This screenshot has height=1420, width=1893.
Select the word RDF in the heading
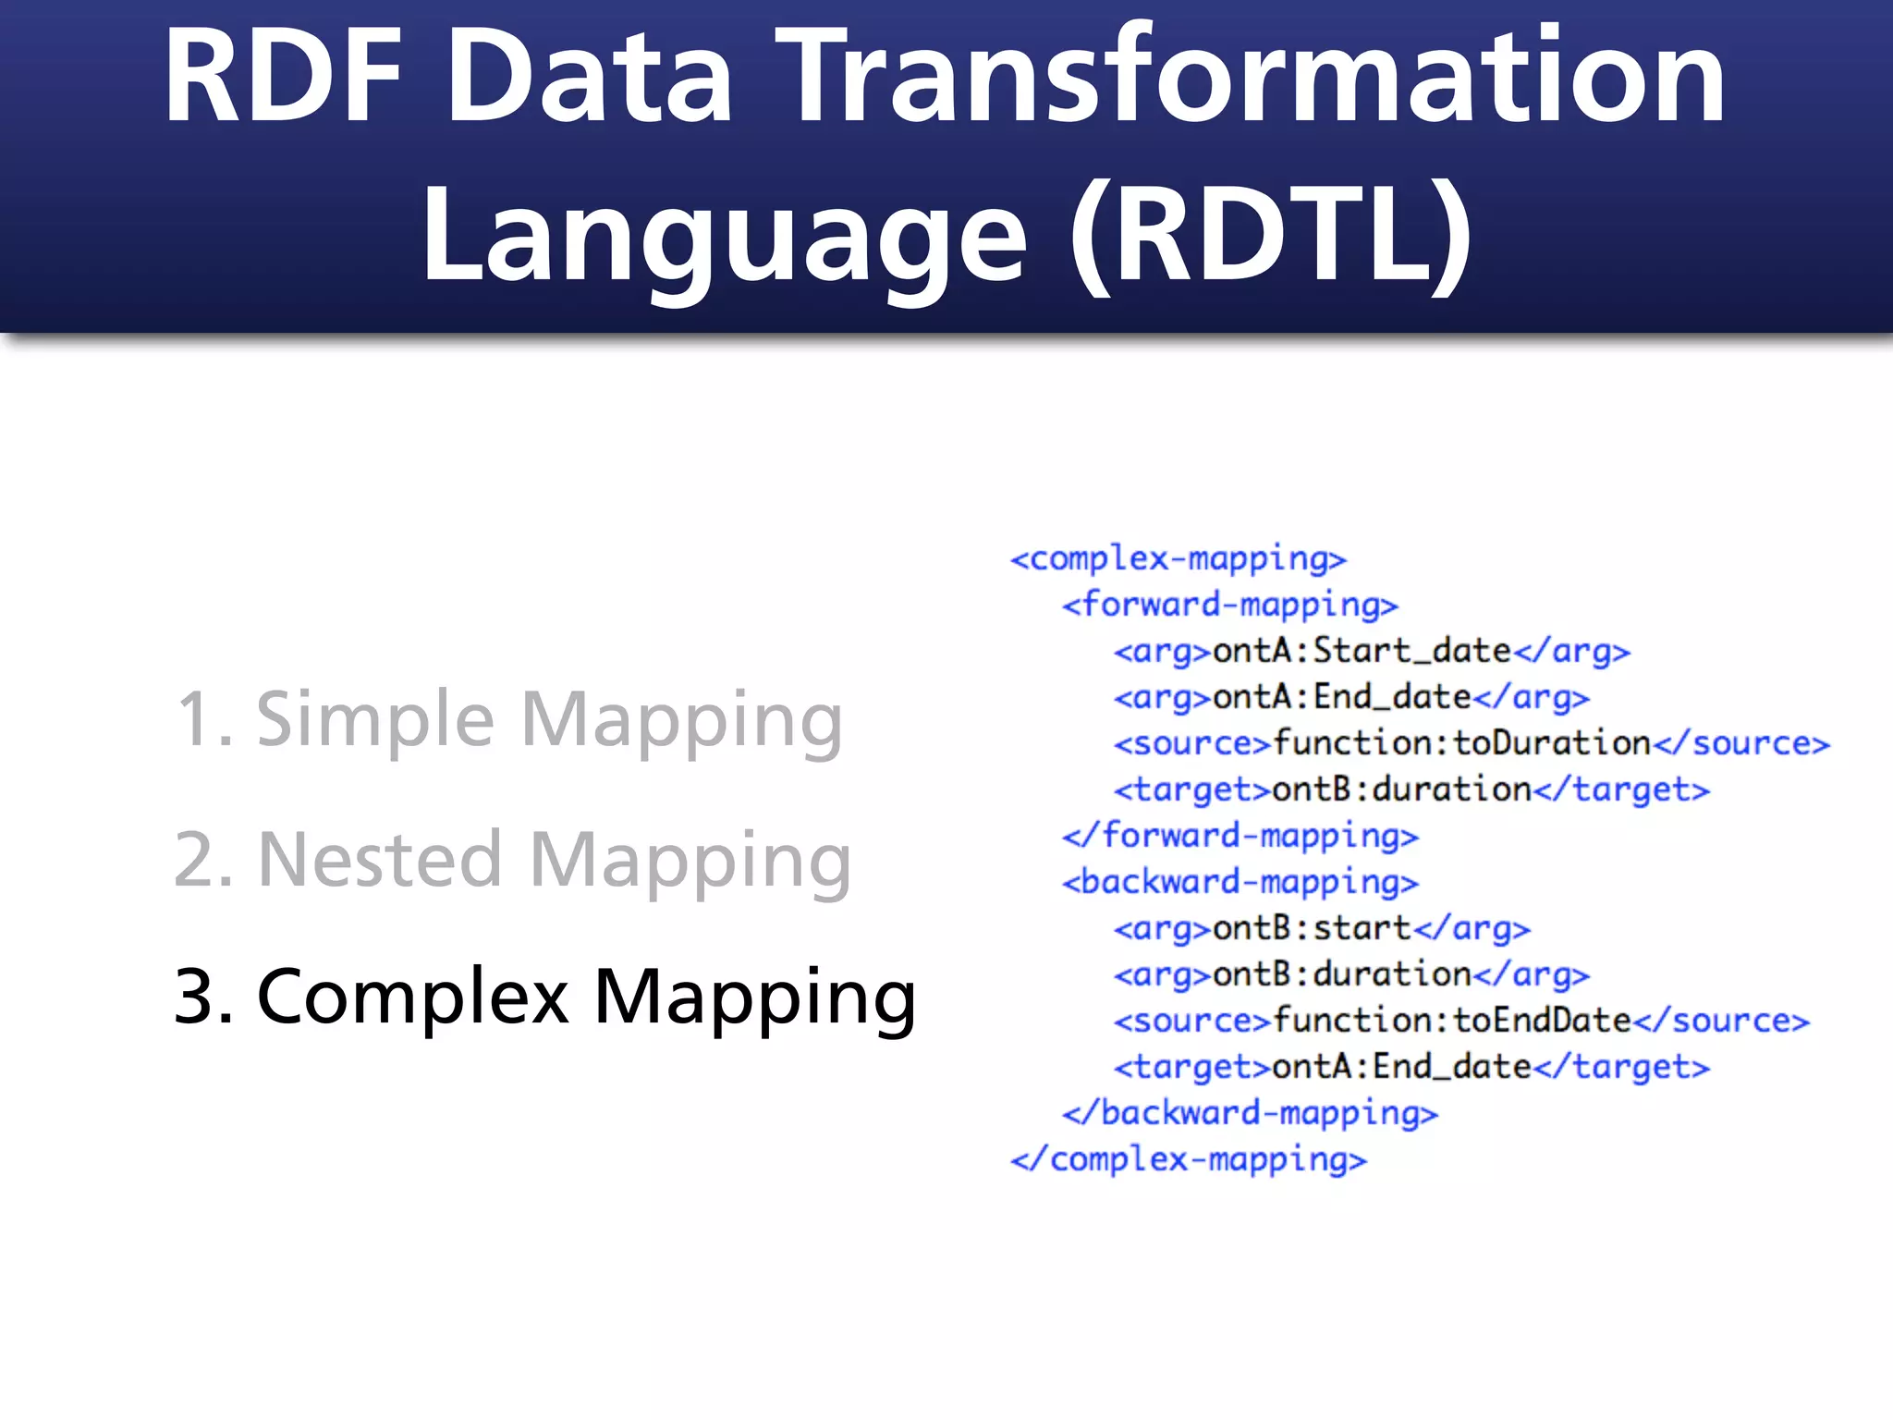tap(283, 76)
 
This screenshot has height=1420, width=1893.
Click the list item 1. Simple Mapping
tap(507, 719)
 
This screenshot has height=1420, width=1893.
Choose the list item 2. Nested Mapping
tap(512, 859)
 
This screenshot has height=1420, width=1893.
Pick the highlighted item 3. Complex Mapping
tap(544, 997)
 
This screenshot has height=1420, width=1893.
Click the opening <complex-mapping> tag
tap(1178, 559)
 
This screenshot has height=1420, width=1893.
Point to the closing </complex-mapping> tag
tap(1188, 1159)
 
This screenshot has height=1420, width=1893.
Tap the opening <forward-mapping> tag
tap(1229, 606)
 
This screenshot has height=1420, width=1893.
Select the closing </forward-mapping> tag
tap(1240, 836)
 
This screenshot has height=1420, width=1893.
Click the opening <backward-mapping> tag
tap(1240, 882)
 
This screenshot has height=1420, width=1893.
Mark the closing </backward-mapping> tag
tap(1250, 1113)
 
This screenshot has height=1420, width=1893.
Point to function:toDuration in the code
tap(1460, 743)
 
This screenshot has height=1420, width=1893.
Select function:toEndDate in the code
tap(1451, 1021)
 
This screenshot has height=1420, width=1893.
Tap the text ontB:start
tap(1311, 928)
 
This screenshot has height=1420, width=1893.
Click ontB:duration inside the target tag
tap(1401, 790)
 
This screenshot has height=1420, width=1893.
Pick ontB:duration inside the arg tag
tap(1341, 974)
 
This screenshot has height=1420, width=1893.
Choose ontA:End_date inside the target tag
tap(1401, 1067)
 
